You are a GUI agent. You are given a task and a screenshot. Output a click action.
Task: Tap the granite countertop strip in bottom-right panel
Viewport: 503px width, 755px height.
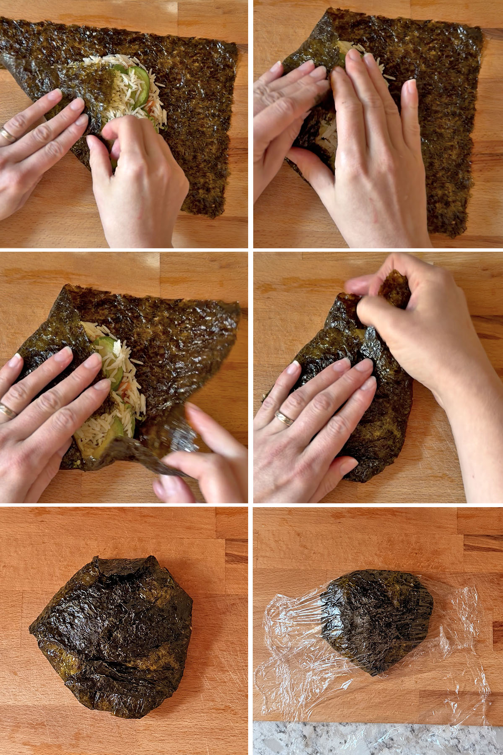(377, 738)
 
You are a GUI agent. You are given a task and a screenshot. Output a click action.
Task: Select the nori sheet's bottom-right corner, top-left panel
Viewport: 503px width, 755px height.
(220, 216)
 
